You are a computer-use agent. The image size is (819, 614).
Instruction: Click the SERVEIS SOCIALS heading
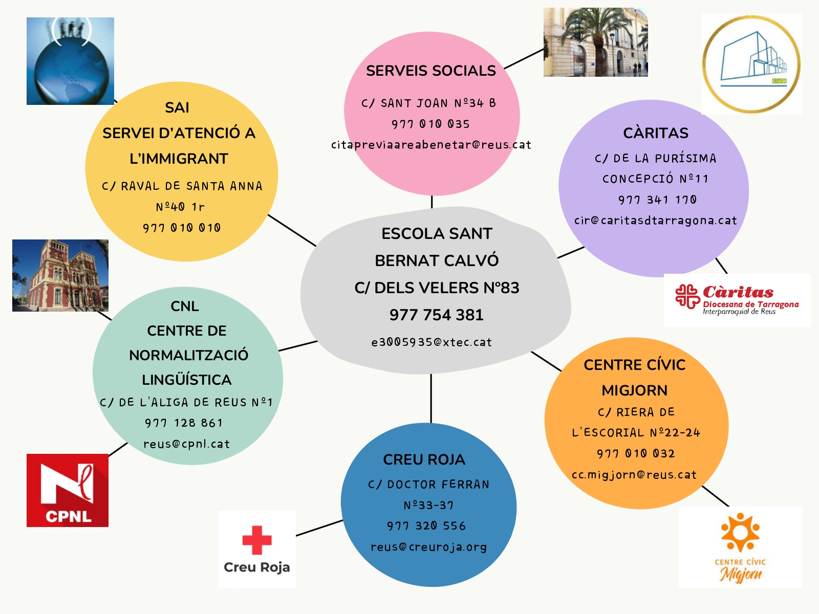click(x=430, y=71)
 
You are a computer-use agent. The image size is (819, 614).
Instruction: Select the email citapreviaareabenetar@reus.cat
click(x=431, y=145)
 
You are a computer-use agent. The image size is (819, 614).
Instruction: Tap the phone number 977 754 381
click(x=436, y=315)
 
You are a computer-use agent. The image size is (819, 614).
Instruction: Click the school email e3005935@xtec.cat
click(x=432, y=342)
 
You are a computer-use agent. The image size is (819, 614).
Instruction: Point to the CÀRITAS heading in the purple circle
click(x=656, y=133)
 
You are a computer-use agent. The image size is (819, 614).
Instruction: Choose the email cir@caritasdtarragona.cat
click(x=655, y=221)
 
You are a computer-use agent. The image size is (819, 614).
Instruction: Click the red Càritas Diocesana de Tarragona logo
click(x=737, y=300)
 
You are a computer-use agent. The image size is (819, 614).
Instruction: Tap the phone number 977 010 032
click(x=636, y=454)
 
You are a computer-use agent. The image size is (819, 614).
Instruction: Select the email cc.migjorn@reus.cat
click(x=634, y=475)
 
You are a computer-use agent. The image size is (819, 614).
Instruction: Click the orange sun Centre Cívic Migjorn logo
click(x=740, y=546)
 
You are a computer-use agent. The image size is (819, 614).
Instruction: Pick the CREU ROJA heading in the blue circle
click(x=424, y=459)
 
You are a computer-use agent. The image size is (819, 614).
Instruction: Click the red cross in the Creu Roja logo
click(x=257, y=540)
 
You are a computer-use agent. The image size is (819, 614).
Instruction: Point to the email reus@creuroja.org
click(x=428, y=547)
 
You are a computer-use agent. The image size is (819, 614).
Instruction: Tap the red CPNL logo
click(x=68, y=490)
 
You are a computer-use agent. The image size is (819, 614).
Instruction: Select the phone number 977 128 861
click(x=184, y=423)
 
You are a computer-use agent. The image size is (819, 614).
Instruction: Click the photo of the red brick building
click(x=60, y=275)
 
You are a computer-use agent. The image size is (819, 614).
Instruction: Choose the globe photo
click(x=70, y=61)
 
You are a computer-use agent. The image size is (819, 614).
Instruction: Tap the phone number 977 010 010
click(x=182, y=228)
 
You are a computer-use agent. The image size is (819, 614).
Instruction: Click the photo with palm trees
click(x=595, y=42)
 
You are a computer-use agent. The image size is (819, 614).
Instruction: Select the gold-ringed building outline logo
click(x=751, y=64)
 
